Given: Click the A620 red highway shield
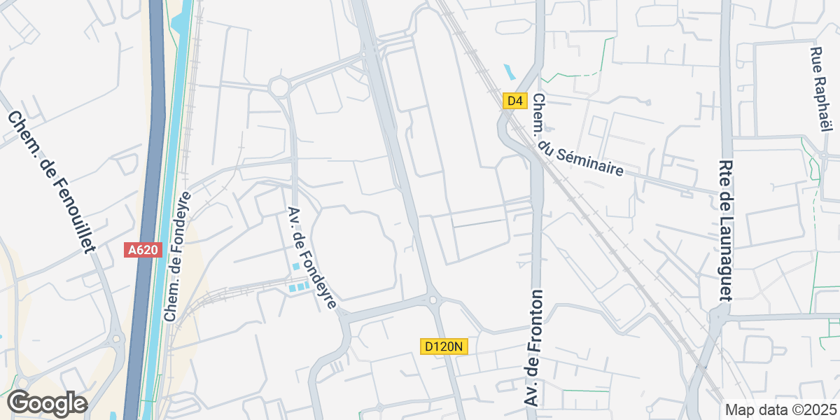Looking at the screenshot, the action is pyautogui.click(x=143, y=250).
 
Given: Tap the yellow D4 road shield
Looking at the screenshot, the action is pyautogui.click(x=514, y=101).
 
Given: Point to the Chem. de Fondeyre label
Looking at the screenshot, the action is pyautogui.click(x=177, y=256).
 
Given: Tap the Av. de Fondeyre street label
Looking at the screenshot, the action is pyautogui.click(x=312, y=258).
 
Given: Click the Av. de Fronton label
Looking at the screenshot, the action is pyautogui.click(x=534, y=348).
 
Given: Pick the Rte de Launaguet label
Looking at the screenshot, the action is pyautogui.click(x=724, y=230).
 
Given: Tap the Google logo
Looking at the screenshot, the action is pyautogui.click(x=47, y=403).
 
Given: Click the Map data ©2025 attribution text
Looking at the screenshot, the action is pyautogui.click(x=780, y=409).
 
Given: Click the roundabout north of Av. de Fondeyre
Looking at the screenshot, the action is pyautogui.click(x=279, y=87).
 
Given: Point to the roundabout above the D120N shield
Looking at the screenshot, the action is pyautogui.click(x=433, y=300).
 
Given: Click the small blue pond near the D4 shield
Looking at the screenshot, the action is pyautogui.click(x=508, y=71).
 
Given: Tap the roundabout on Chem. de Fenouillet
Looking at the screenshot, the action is pyautogui.click(x=117, y=339).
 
